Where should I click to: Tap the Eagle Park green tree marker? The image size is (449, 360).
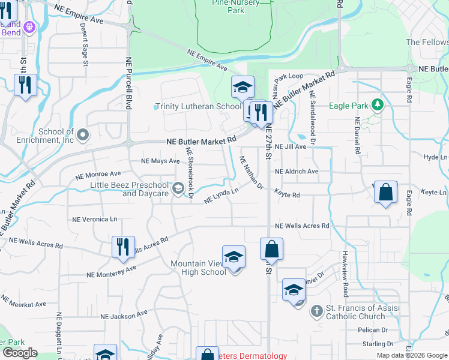(378, 106)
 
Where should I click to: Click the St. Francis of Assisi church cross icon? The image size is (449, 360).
(317, 311)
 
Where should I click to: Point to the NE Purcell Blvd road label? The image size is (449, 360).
(128, 83)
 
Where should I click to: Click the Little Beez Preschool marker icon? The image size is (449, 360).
(178, 190)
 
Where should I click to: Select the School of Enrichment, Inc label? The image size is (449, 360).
(56, 136)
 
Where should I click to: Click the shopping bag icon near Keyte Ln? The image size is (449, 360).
(386, 193)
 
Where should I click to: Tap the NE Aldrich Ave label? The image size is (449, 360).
(297, 171)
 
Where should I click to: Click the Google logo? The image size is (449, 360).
(20, 353)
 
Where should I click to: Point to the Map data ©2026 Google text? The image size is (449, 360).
(411, 355)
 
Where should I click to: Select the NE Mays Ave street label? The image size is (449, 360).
(160, 161)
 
